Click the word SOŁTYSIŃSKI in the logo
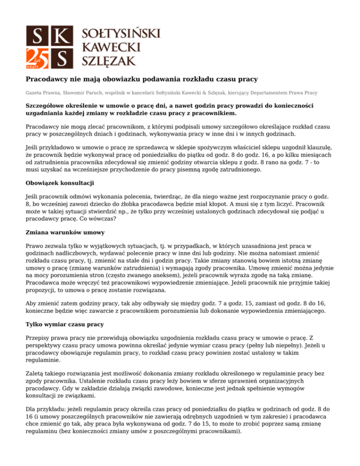[121, 33]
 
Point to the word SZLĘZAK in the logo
[109, 60]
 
